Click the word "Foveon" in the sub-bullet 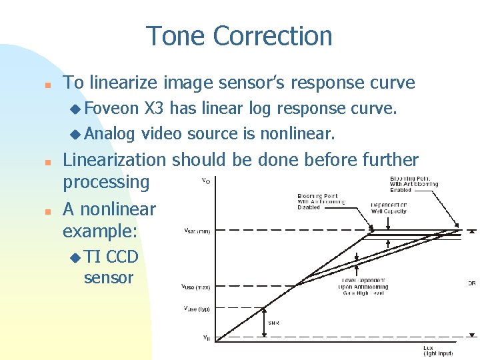111,108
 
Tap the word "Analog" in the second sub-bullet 109,133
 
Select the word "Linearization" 114,160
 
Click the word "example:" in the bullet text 99,231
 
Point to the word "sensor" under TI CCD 109,277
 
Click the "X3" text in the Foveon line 155,108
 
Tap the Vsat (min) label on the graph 197,231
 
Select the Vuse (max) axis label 197,287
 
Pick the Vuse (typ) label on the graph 197,309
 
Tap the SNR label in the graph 273,323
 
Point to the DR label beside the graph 472,283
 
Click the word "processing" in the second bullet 106,181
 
